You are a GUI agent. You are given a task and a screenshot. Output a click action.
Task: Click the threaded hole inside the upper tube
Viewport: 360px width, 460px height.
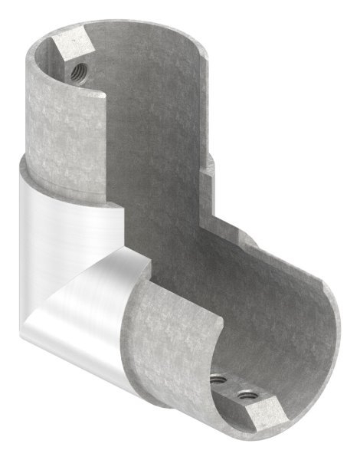(78, 73)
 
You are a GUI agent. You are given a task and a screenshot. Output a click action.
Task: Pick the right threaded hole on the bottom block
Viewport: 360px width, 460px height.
(247, 396)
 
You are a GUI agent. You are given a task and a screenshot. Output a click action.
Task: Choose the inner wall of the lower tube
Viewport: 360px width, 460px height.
(283, 322)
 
